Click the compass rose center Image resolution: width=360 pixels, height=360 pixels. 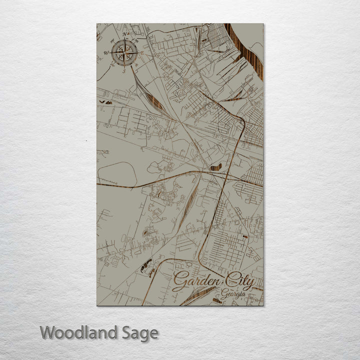pyautogui.click(x=125, y=52)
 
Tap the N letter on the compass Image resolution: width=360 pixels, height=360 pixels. pyautogui.click(x=125, y=34)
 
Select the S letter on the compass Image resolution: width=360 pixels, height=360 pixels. pyautogui.click(x=124, y=71)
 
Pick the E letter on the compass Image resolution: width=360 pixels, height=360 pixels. pyautogui.click(x=143, y=52)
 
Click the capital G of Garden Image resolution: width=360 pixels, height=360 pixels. pyautogui.click(x=178, y=282)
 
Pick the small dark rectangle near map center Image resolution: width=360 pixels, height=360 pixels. pyautogui.click(x=215, y=167)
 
